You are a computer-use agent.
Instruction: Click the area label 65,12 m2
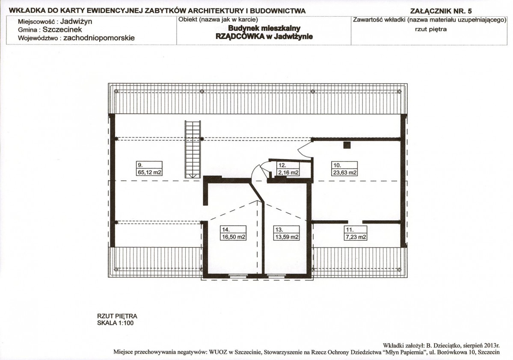point(149,172)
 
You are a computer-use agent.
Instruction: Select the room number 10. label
point(337,165)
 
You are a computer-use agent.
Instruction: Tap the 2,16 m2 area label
point(288,172)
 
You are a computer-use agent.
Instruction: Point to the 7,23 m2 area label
point(356,237)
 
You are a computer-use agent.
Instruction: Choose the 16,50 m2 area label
point(234,237)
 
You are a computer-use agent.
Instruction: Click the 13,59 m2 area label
point(287,237)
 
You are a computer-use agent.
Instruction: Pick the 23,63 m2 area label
point(345,172)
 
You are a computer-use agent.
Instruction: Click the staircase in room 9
point(193,149)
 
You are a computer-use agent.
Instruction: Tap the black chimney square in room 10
point(347,145)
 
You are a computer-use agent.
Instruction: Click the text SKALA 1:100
point(116,323)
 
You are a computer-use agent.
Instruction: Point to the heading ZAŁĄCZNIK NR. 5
point(441,11)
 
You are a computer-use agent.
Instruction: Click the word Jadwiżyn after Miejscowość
point(76,21)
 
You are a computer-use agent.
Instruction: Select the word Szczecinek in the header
point(62,30)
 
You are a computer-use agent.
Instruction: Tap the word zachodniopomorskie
point(99,38)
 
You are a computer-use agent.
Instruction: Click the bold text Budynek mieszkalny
point(264,29)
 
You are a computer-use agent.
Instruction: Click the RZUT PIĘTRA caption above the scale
point(117,316)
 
